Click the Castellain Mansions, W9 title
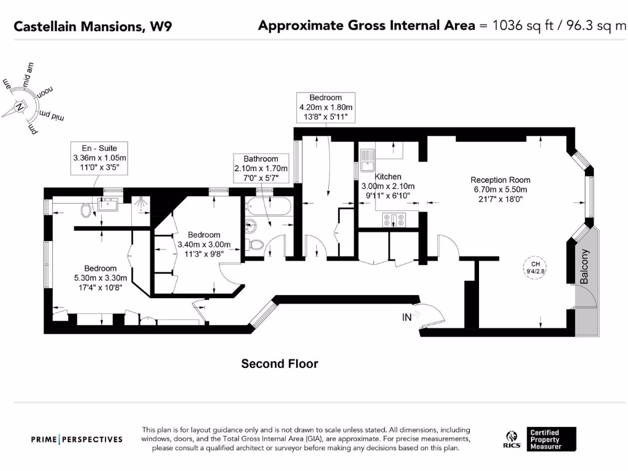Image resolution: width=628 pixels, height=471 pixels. (x=93, y=26)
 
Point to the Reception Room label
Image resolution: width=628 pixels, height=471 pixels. (x=500, y=180)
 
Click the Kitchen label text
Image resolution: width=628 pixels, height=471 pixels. (x=388, y=177)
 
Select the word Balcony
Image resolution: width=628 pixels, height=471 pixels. (x=584, y=266)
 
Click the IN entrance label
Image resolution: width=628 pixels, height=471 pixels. (x=407, y=317)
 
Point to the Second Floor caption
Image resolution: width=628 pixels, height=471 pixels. (x=280, y=364)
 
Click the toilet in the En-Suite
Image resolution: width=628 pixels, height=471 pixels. (x=86, y=211)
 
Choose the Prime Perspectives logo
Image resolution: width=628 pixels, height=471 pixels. (x=77, y=439)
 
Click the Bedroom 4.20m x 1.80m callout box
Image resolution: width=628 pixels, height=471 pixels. (x=325, y=107)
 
